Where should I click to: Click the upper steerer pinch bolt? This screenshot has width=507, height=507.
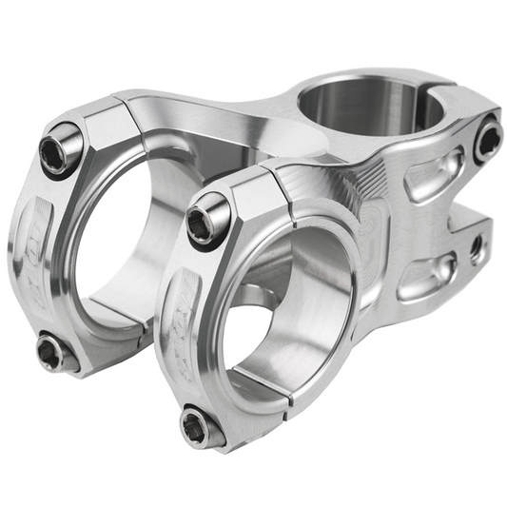(x=488, y=141)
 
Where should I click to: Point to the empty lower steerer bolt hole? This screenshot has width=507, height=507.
(x=476, y=248)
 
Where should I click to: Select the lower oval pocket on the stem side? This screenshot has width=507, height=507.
(x=423, y=275)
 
